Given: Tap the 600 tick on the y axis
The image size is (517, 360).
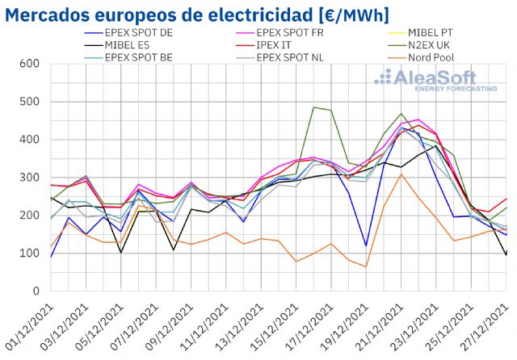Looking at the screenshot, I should pyautogui.click(x=30, y=64).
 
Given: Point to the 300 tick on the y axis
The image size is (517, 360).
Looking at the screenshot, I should pyautogui.click(x=30, y=178).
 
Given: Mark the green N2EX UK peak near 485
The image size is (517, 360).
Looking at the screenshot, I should pyautogui.click(x=313, y=107).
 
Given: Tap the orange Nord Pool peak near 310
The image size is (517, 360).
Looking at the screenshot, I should pyautogui.click(x=401, y=174).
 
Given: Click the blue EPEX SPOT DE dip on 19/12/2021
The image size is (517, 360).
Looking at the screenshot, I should pyautogui.click(x=366, y=245).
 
